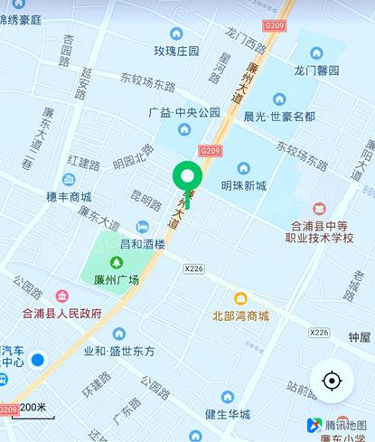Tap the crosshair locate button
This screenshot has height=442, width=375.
coord(332,381)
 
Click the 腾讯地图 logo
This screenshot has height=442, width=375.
coord(336,425)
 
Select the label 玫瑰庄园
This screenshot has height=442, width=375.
coord(176,51)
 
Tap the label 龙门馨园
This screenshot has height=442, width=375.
coord(316,70)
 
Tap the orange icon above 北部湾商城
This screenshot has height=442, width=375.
coord(240,299)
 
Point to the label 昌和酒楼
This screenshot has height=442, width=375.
coord(143,244)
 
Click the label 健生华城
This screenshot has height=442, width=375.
coord(227,415)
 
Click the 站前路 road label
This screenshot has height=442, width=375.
coord(301,389)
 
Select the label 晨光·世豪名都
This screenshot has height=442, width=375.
coord(280,117)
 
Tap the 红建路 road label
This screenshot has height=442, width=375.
coord(83,164)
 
